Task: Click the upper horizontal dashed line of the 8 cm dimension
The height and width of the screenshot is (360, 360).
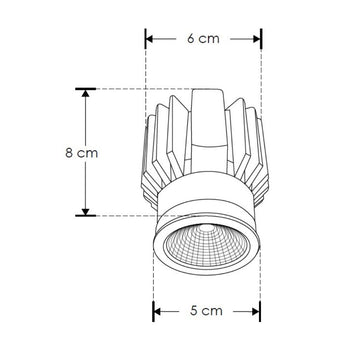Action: (x=130, y=89)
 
